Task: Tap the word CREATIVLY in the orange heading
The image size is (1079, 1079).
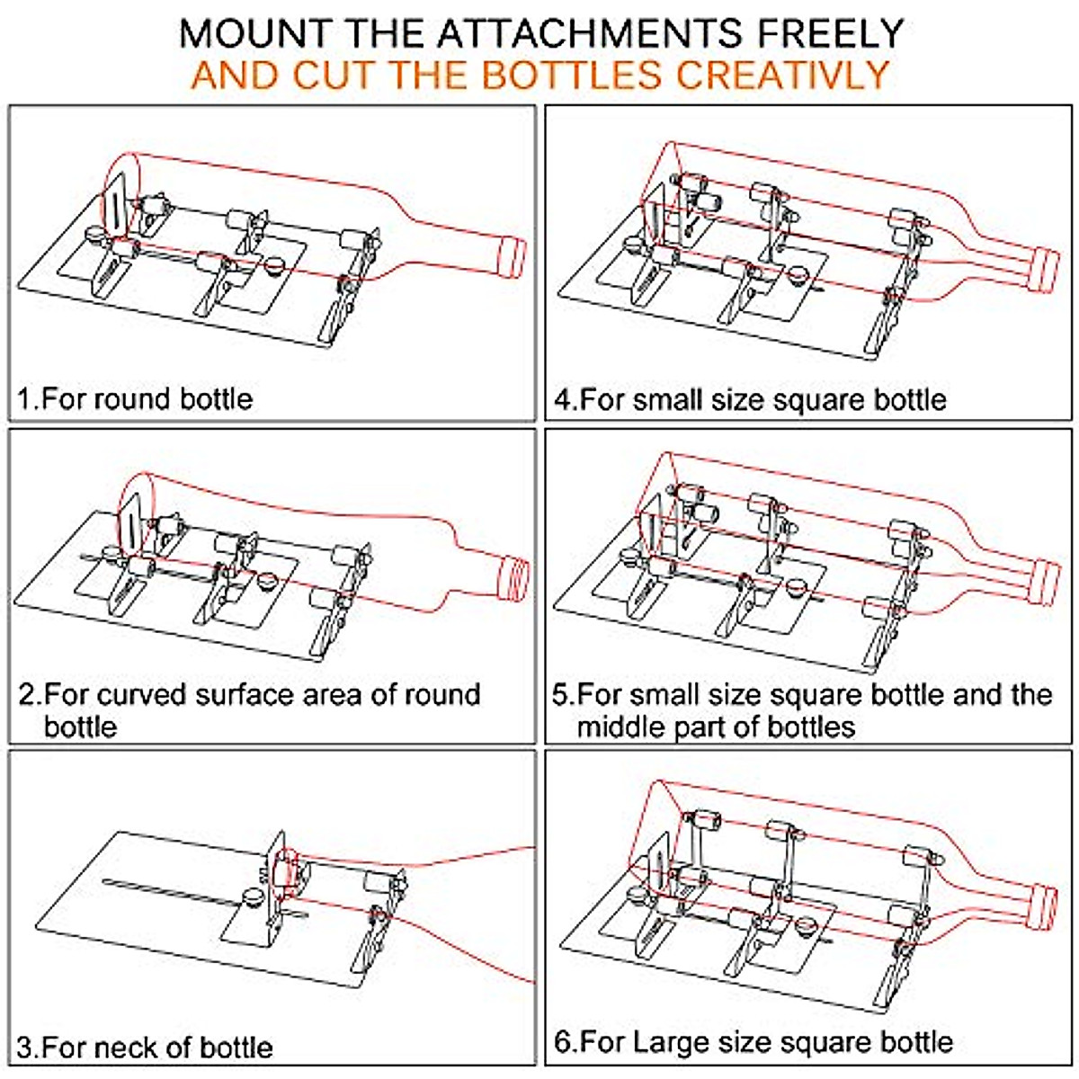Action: [782, 74]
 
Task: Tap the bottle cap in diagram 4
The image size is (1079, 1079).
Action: [1046, 269]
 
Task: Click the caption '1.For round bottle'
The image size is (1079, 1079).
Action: [136, 398]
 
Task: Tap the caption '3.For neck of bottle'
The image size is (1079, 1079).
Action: [145, 1047]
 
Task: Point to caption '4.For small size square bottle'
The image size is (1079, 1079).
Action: [751, 398]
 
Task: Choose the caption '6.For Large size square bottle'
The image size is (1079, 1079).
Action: [754, 1042]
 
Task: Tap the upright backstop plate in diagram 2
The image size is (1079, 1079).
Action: [131, 527]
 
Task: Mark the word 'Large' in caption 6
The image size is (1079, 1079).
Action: [671, 1042]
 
